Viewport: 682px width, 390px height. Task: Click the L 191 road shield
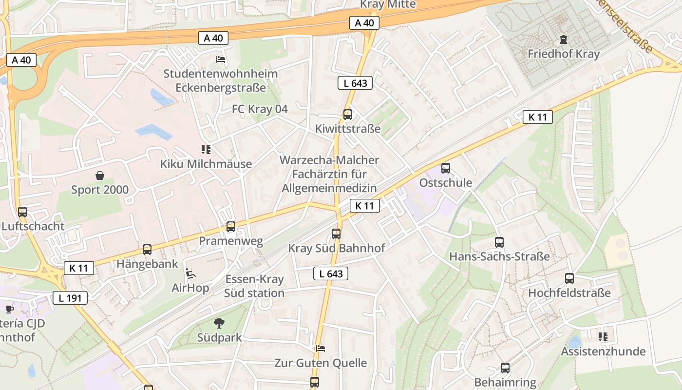(x=70, y=298)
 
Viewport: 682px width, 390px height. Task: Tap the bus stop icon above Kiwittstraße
(x=347, y=115)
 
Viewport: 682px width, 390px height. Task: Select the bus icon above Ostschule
(x=445, y=168)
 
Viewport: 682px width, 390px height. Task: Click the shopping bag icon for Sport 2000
(x=100, y=175)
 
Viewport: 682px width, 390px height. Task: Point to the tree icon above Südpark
(x=219, y=323)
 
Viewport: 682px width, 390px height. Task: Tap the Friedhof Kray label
(x=564, y=54)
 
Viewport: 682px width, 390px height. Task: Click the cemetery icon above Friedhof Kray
(x=564, y=39)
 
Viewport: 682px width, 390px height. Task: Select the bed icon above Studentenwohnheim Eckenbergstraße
(x=220, y=59)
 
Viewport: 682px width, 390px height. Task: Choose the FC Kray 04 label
(x=260, y=109)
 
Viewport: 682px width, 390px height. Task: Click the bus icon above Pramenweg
(x=231, y=227)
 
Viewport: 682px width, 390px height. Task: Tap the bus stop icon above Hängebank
(x=147, y=250)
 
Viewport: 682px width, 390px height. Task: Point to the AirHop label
(x=190, y=288)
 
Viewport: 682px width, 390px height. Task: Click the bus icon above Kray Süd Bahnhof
(x=336, y=234)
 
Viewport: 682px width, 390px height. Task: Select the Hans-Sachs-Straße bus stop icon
(x=499, y=242)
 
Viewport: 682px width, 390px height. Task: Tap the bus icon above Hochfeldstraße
(x=569, y=278)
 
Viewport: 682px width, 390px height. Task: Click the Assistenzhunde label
(x=603, y=351)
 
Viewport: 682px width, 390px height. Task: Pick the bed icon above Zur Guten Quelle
(x=320, y=349)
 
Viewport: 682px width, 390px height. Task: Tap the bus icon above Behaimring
(x=505, y=368)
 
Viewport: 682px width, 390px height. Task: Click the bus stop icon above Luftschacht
(x=22, y=212)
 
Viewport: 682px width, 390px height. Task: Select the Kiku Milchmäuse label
(x=206, y=164)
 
